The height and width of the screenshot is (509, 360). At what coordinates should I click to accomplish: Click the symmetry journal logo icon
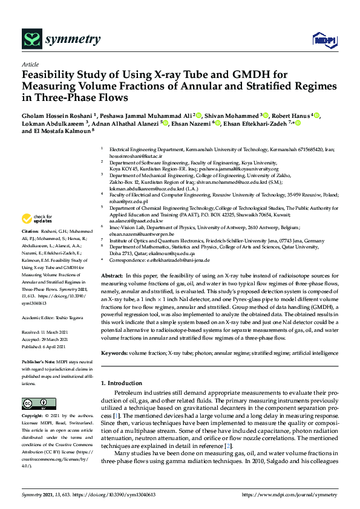(31, 39)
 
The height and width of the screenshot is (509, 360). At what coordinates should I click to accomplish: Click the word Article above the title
(30, 64)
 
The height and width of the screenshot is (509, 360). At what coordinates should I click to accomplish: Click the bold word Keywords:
(115, 352)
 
